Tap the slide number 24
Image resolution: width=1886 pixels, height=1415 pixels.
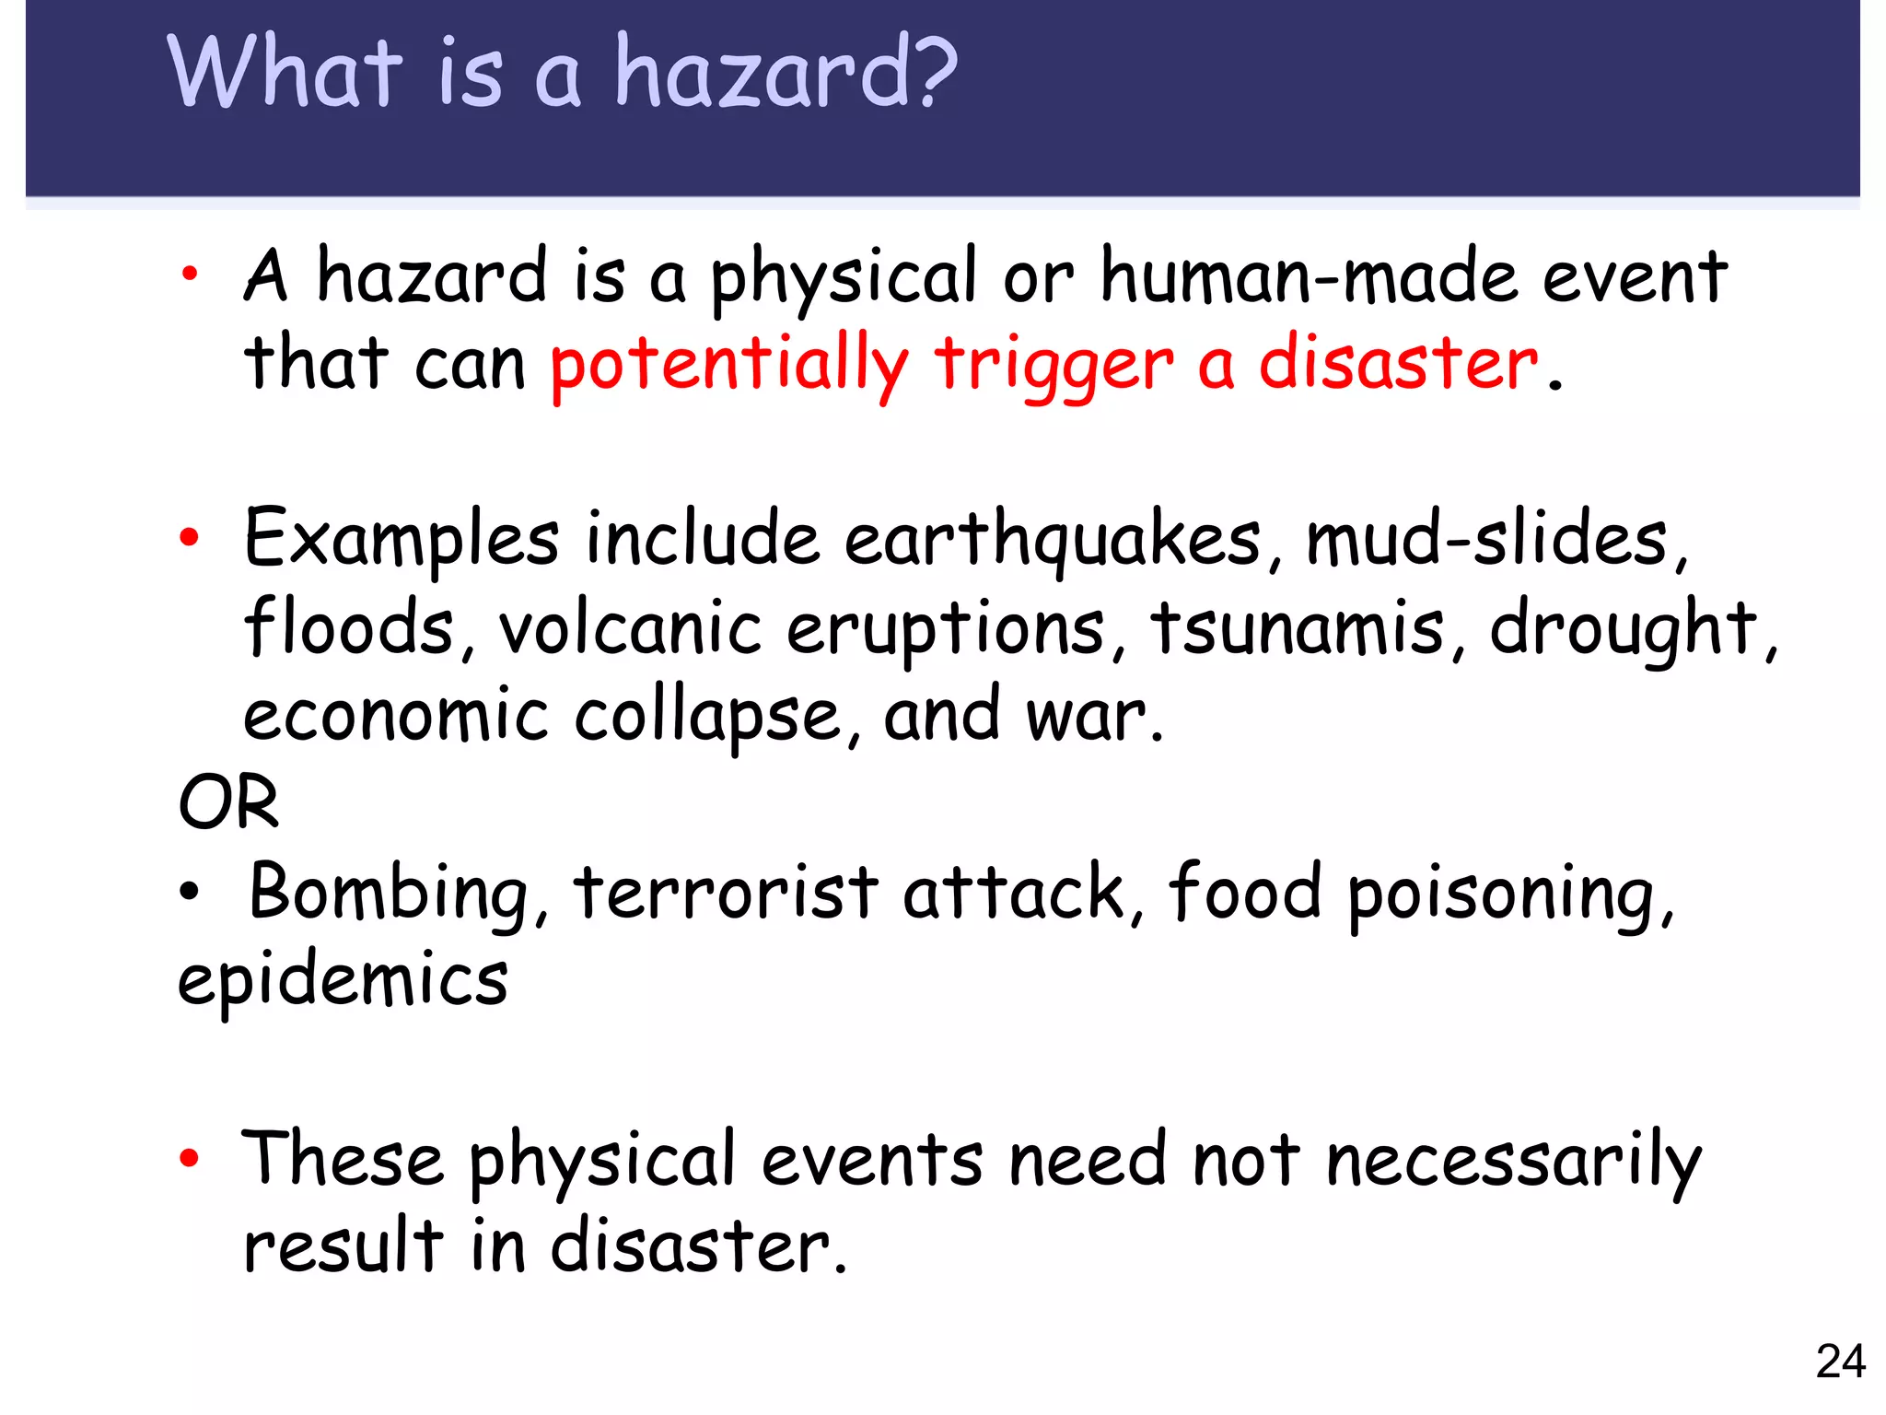click(1840, 1362)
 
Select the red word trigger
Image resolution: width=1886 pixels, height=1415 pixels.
click(1054, 364)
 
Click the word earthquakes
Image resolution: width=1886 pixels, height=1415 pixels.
click(1052, 540)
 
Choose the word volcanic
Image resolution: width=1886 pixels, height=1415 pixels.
click(630, 628)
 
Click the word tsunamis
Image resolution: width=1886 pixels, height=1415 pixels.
click(1297, 628)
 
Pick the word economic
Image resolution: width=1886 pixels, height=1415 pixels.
click(396, 716)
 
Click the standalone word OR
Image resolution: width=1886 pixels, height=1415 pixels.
click(228, 803)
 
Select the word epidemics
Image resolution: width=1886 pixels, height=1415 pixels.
click(343, 979)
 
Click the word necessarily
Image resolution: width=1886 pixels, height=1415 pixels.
click(1514, 1161)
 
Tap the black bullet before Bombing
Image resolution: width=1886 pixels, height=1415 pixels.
click(189, 892)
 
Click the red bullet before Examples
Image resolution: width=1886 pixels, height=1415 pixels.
click(189, 537)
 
